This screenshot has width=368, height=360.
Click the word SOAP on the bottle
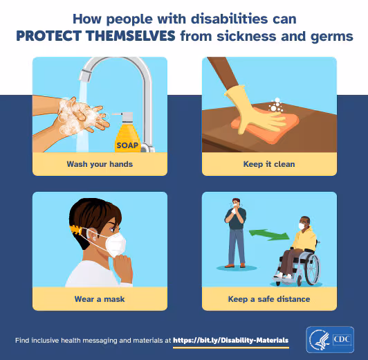pos(127,145)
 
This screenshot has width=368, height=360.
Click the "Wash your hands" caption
pos(100,164)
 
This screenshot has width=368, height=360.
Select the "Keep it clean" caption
pos(269,164)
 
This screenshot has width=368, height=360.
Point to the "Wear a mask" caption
pos(100,299)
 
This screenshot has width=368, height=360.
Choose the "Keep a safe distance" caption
pos(269,299)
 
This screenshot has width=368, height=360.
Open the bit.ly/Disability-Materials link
pos(231,341)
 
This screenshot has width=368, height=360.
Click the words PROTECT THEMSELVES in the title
pos(96,35)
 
